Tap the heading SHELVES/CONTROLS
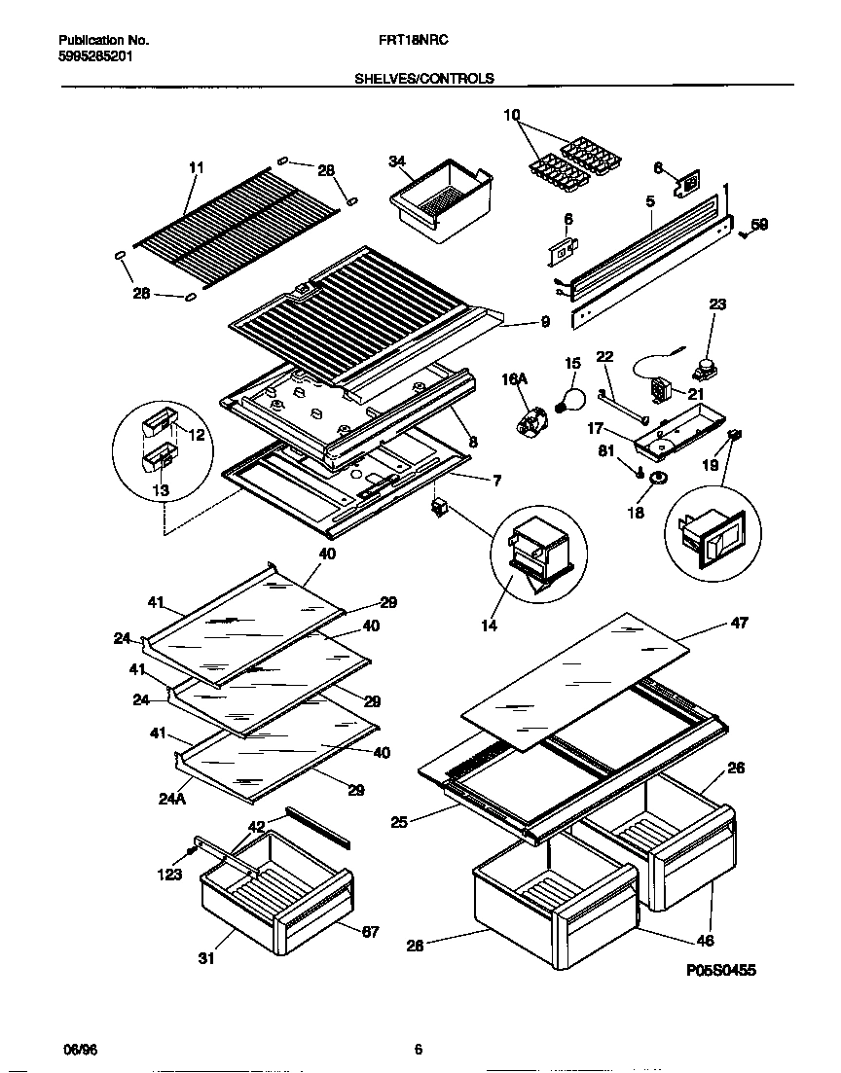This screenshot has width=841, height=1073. coord(424,79)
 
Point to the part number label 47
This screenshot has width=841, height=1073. coord(739,623)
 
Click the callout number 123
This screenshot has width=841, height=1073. coord(169,875)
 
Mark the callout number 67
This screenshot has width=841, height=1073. coord(370,933)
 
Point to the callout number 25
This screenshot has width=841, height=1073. coord(397,822)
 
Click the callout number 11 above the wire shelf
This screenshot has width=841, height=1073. coord(196,168)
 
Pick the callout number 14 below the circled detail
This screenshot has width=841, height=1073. coord(489,626)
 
